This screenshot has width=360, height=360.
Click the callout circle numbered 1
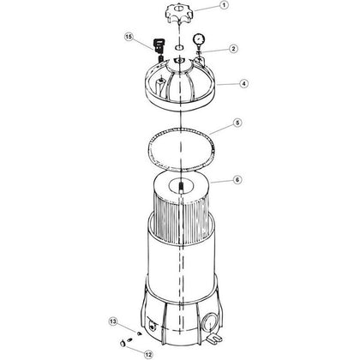coord(224,5)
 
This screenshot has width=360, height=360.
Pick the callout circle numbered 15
coord(129,37)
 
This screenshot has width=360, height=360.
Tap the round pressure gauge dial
coord(199,39)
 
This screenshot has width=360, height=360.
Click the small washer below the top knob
coord(179,47)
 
